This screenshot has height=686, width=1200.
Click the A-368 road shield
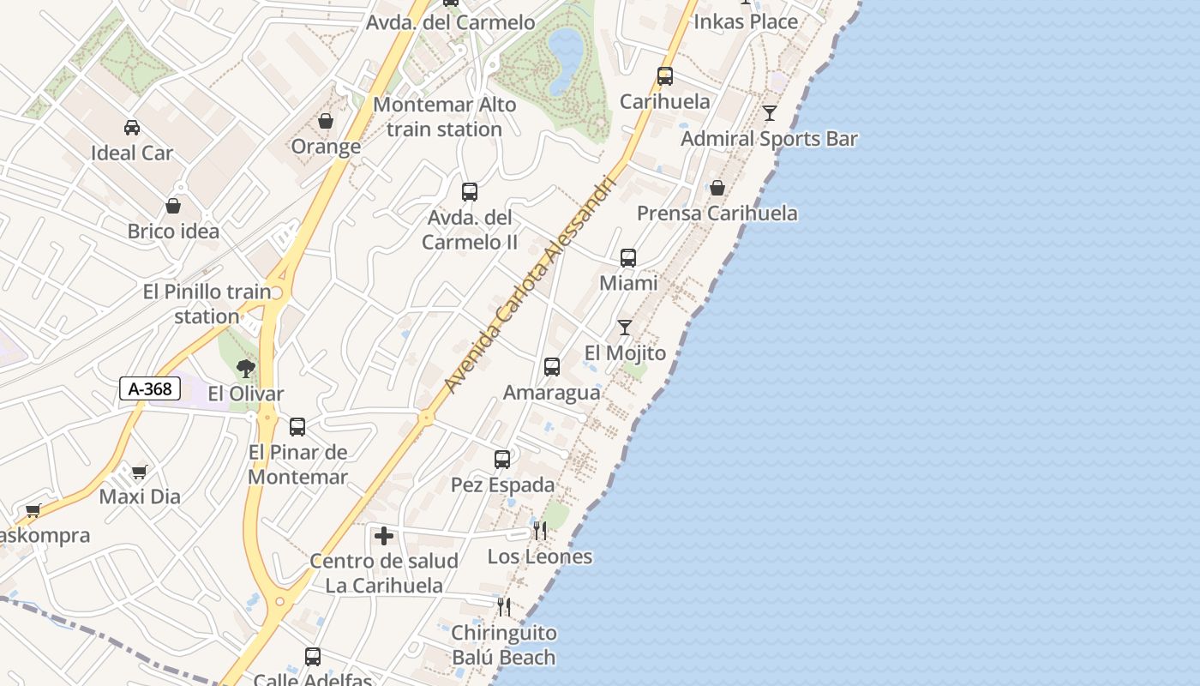point(150,388)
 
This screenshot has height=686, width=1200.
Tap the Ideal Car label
point(132,153)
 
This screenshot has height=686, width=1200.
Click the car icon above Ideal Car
point(132,128)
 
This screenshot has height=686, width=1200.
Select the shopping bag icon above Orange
point(326,122)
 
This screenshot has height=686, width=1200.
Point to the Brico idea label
point(173,232)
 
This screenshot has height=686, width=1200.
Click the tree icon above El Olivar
point(246,369)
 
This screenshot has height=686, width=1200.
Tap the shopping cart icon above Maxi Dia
point(139,472)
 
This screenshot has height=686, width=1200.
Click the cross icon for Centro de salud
point(384,536)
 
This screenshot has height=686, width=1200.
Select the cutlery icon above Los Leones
point(540,531)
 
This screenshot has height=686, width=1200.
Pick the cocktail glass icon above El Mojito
point(625,328)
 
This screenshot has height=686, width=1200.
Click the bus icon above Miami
point(628,257)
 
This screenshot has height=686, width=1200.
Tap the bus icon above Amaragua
point(552,367)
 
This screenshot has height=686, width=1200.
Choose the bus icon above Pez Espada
point(502,460)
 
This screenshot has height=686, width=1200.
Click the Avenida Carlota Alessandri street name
point(531,285)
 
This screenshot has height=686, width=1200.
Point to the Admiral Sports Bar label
point(769,139)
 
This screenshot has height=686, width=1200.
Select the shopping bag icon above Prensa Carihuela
point(717,188)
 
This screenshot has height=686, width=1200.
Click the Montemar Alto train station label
point(445,117)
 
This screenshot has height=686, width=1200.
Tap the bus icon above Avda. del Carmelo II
point(470,192)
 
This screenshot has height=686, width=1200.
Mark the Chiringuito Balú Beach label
point(504,646)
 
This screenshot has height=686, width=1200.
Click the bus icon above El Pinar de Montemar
point(297,426)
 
